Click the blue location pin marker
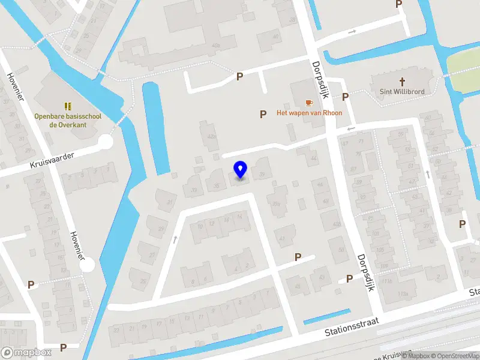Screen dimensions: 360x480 tap(240, 170)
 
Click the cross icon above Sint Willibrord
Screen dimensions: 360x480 tap(401, 80)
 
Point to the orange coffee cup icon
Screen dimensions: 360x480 tap(309, 103)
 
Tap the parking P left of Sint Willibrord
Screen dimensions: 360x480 tap(346, 97)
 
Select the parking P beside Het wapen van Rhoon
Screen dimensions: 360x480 tap(262, 114)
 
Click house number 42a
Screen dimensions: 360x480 tap(211, 137)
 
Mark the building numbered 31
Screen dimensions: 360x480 tap(170, 202)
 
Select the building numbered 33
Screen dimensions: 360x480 tap(194, 190)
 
